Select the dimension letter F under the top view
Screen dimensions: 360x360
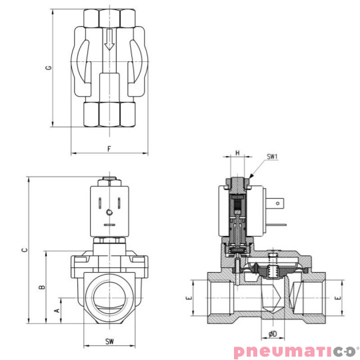click(x=109, y=148)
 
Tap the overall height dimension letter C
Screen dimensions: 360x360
click(x=23, y=250)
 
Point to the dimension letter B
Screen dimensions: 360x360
click(x=41, y=287)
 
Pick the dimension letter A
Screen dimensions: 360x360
click(x=57, y=310)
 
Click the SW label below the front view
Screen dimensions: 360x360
click(x=109, y=341)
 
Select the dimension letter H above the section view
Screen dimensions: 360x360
click(x=237, y=153)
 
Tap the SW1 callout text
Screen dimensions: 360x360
click(x=272, y=157)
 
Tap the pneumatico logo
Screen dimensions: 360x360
click(x=295, y=351)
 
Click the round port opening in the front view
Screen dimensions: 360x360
click(x=109, y=294)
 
